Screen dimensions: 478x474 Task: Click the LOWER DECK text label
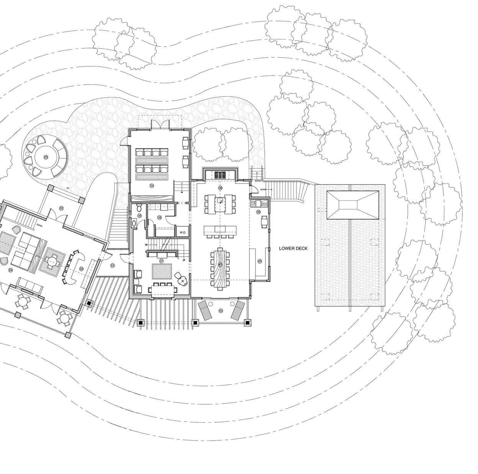(293, 249)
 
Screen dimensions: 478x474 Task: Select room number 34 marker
(152, 186)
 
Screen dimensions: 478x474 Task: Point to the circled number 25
(46, 157)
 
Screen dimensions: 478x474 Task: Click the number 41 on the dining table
(220, 265)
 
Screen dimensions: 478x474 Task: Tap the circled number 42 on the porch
(220, 310)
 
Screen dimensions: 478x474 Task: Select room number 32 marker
(61, 208)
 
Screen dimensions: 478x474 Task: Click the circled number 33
(112, 265)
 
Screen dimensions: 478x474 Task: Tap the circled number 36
(160, 217)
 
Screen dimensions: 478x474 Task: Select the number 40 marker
(259, 261)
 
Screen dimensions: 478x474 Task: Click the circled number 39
(258, 212)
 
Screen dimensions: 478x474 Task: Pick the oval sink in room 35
(134, 223)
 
